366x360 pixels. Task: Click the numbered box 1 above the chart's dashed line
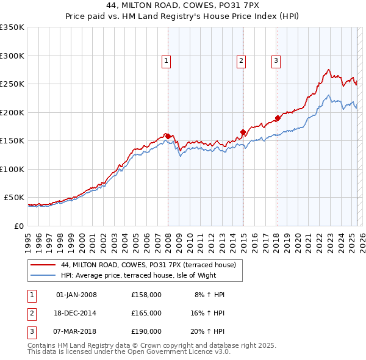pyautogui.click(x=167, y=60)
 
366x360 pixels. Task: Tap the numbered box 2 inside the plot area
pyautogui.click(x=242, y=60)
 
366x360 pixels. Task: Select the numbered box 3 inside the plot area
pyautogui.click(x=276, y=60)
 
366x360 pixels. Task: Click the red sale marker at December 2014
pyautogui.click(x=243, y=132)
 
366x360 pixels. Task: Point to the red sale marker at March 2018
pyautogui.click(x=278, y=118)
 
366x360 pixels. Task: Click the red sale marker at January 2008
pyautogui.click(x=168, y=136)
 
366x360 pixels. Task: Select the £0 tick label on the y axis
pyautogui.click(x=18, y=226)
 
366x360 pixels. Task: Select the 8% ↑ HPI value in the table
pyautogui.click(x=210, y=295)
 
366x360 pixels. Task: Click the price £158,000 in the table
pyautogui.click(x=146, y=295)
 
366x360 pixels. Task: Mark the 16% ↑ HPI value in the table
pyautogui.click(x=208, y=313)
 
